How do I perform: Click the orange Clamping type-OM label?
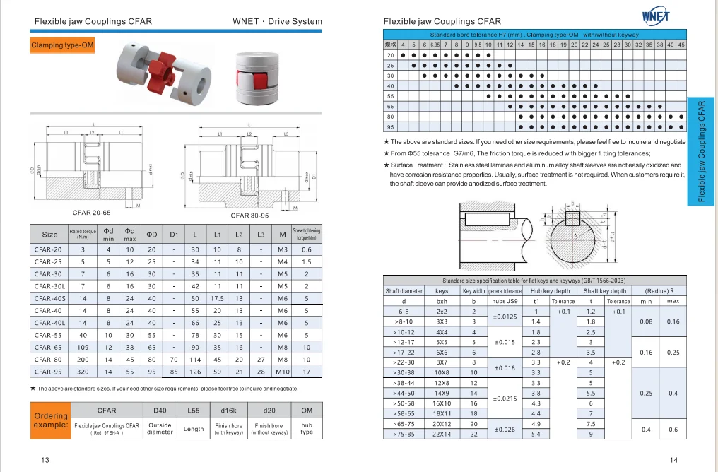[x=62, y=46]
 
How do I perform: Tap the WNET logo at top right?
[x=656, y=16]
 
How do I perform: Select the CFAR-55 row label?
[x=49, y=335]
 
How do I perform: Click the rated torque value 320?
[x=83, y=371]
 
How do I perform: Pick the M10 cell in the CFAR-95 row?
[x=283, y=371]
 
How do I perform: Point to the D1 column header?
[x=174, y=234]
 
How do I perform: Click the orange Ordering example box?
[x=50, y=421]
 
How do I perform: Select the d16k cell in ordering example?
[x=228, y=410]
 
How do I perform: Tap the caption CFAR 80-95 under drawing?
[x=250, y=216]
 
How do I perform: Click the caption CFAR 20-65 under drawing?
[x=91, y=212]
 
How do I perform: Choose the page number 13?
[x=45, y=460]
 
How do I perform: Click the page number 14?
[x=673, y=460]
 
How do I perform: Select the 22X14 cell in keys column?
[x=442, y=434]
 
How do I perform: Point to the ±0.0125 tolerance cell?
[x=503, y=317]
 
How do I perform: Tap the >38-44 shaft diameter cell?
[x=404, y=383]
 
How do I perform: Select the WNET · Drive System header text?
[x=277, y=22]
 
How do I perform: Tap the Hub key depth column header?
[x=550, y=290]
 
